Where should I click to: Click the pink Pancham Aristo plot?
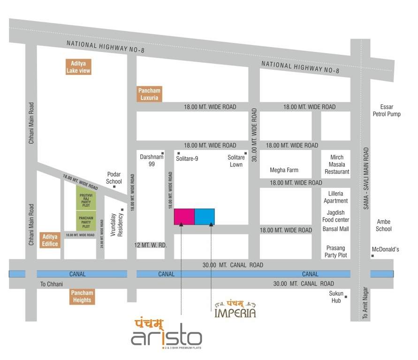(184, 217)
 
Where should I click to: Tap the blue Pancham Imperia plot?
(205, 217)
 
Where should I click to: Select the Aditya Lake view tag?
(78, 67)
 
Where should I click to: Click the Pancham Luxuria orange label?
(149, 94)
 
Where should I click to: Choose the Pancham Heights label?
(82, 297)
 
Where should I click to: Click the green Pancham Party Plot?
(86, 221)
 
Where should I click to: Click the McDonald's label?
(385, 249)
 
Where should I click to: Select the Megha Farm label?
(284, 170)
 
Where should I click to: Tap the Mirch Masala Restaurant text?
(337, 165)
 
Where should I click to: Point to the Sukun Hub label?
(336, 297)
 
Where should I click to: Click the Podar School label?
(114, 178)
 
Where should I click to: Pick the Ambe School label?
(384, 225)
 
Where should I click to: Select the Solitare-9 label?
(187, 159)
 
